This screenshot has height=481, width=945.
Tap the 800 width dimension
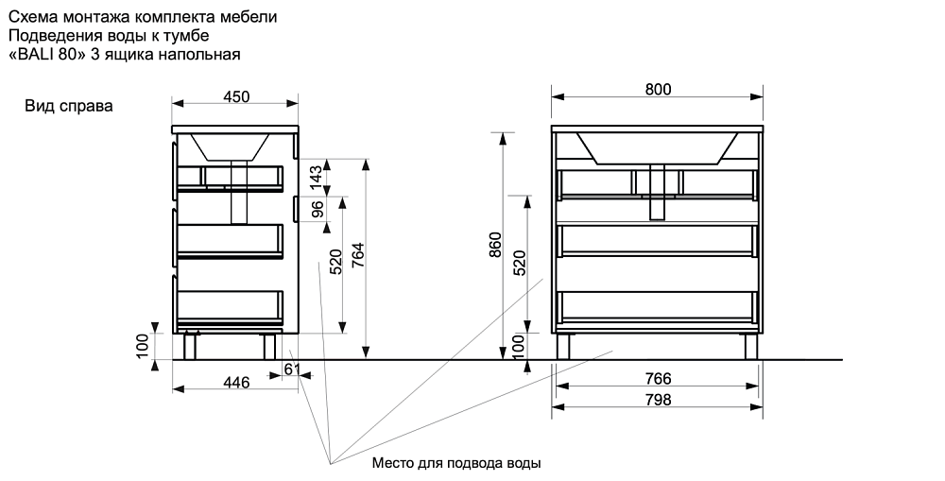[x=658, y=89]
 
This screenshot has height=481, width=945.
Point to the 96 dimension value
[x=318, y=209]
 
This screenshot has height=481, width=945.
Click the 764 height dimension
[x=356, y=256]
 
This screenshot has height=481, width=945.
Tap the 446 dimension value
[x=235, y=382]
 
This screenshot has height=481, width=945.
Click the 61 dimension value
[x=292, y=369]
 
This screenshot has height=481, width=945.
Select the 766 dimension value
[x=658, y=379]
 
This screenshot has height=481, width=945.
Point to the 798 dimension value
[x=658, y=400]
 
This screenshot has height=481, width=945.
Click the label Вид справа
[x=69, y=106]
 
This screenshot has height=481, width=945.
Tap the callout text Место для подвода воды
[x=456, y=464]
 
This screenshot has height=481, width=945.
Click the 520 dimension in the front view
[x=519, y=262]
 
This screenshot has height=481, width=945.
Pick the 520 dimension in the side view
[x=335, y=262]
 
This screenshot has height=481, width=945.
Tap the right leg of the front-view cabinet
[x=751, y=346]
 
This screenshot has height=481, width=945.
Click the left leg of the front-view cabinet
[x=564, y=346]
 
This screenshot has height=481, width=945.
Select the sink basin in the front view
[x=658, y=147]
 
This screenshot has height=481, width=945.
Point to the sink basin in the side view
[x=232, y=146]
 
